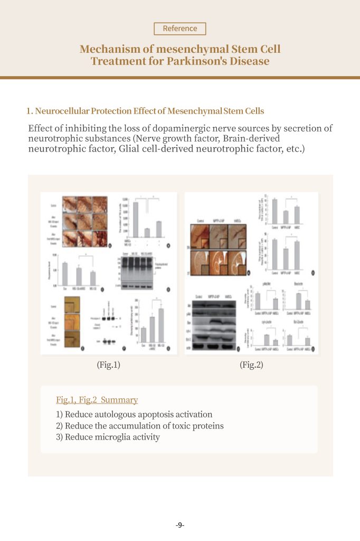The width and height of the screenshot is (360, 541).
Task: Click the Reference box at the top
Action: pos(180,29)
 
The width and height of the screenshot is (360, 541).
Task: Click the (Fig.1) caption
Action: pos(109,365)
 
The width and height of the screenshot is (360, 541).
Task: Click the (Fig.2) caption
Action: pos(251,365)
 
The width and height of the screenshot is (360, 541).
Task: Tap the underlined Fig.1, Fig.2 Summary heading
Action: pos(97,400)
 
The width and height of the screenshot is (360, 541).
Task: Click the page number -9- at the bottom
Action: pos(180,525)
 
